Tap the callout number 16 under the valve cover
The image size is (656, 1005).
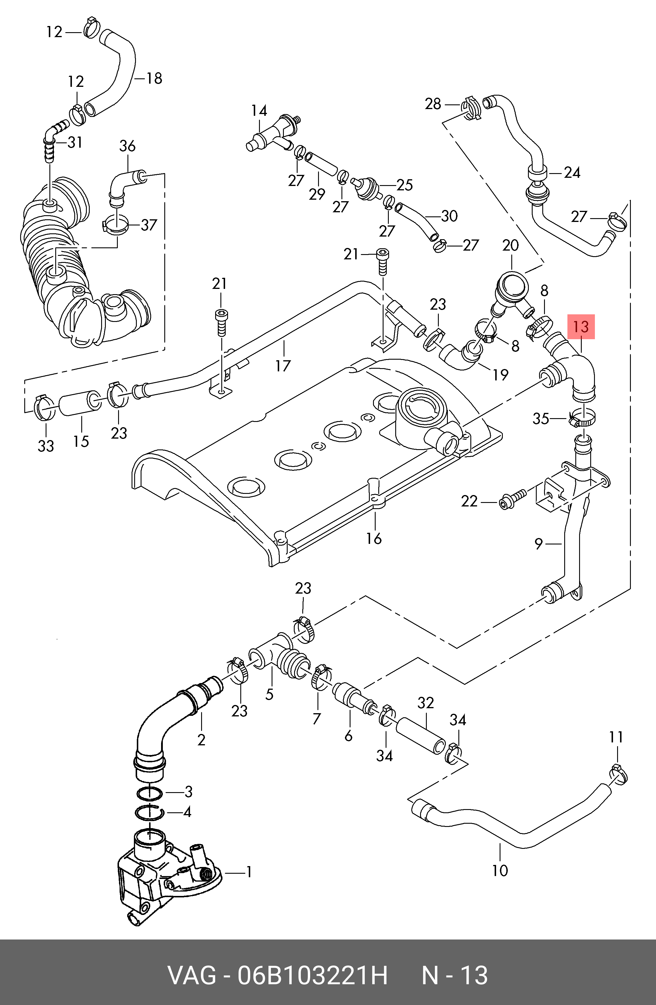tap(374, 538)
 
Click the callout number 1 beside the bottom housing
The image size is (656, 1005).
tap(249, 872)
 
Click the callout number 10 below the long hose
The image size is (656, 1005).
tap(500, 870)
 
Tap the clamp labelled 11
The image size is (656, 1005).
tap(618, 775)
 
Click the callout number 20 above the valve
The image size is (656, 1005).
tap(510, 245)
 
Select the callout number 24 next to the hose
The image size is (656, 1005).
tap(572, 172)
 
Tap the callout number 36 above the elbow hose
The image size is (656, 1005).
tap(127, 146)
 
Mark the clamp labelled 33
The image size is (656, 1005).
tap(45, 408)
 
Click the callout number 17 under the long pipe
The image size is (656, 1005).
tap(283, 366)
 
